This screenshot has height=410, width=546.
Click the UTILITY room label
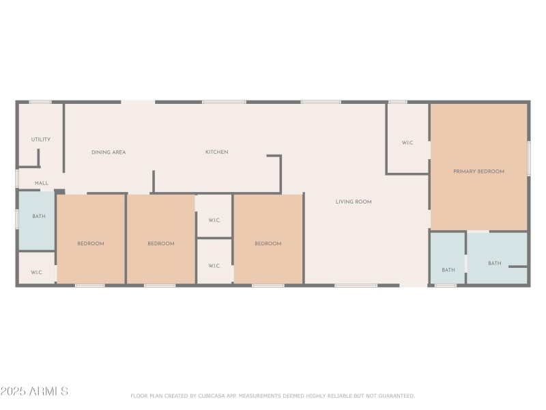[41, 139]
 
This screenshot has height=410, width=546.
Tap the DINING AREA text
[109, 152]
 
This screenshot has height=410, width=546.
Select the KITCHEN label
[217, 152]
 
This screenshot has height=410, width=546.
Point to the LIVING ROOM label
[354, 202]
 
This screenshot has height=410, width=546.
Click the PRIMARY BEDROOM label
[478, 172]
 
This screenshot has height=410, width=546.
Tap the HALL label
[42, 183]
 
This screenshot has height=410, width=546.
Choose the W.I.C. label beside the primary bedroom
[407, 143]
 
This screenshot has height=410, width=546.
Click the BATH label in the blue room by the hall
[39, 217]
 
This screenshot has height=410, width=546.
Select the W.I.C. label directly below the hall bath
[37, 273]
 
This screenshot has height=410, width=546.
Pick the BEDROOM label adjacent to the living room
[268, 244]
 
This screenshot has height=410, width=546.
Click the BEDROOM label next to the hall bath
[90, 244]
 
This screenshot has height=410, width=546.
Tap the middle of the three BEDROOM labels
[161, 244]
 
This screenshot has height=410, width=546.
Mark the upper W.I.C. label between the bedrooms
[214, 220]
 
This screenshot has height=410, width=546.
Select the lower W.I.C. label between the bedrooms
[214, 266]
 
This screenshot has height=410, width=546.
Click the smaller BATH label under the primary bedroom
[448, 270]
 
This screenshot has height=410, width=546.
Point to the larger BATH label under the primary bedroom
[494, 263]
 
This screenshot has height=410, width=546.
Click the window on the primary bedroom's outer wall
[529, 159]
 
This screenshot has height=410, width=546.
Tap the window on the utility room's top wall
[40, 102]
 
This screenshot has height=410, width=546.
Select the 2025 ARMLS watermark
[34, 392]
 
